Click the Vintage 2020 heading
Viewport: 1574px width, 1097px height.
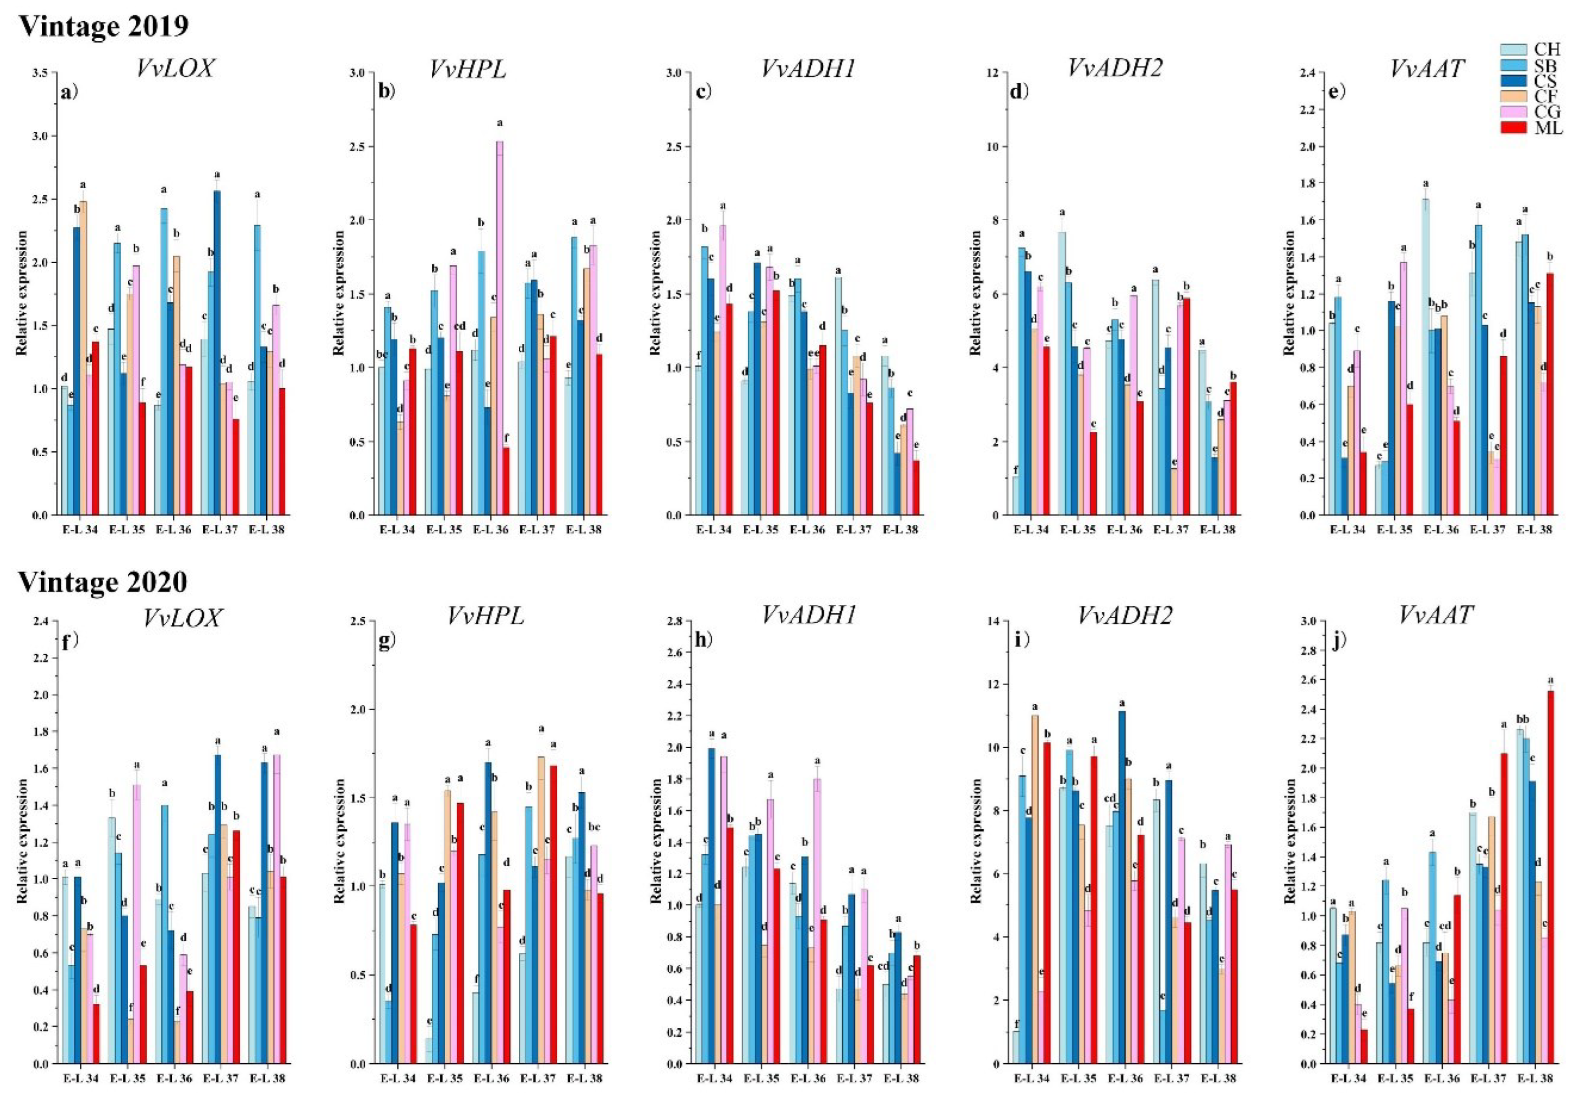(x=103, y=581)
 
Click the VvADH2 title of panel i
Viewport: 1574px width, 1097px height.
(x=1125, y=616)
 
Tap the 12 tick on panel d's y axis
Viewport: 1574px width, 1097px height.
(x=991, y=72)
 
